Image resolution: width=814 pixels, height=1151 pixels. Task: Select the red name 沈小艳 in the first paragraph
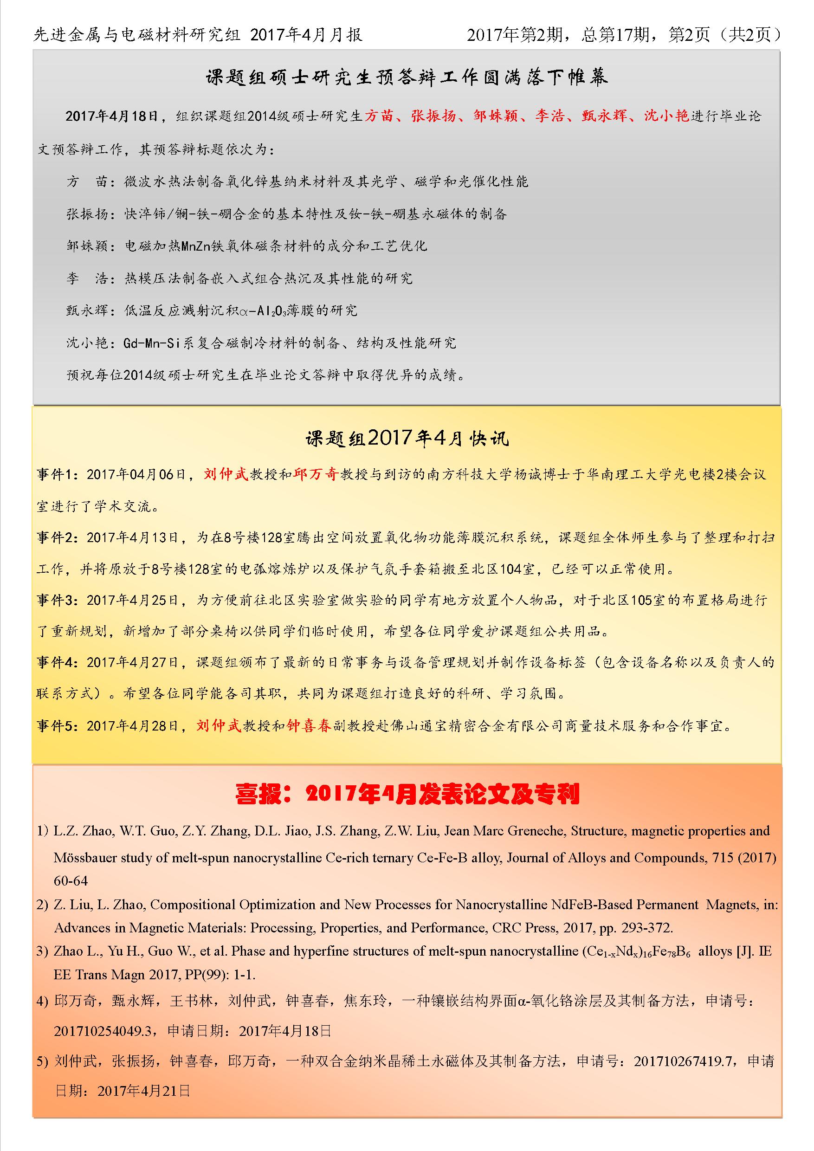pos(666,116)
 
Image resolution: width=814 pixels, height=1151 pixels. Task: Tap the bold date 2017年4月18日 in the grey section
pos(112,116)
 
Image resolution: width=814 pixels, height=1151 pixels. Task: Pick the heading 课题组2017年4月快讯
pos(407,439)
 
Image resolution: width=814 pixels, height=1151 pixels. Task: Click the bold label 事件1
pos(57,474)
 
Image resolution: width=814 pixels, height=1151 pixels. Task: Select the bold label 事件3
pos(57,600)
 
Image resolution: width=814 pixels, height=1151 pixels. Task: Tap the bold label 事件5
pos(57,725)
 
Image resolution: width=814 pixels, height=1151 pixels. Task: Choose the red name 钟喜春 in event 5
pos(309,725)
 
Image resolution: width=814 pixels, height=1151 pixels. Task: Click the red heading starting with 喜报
pos(407,794)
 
